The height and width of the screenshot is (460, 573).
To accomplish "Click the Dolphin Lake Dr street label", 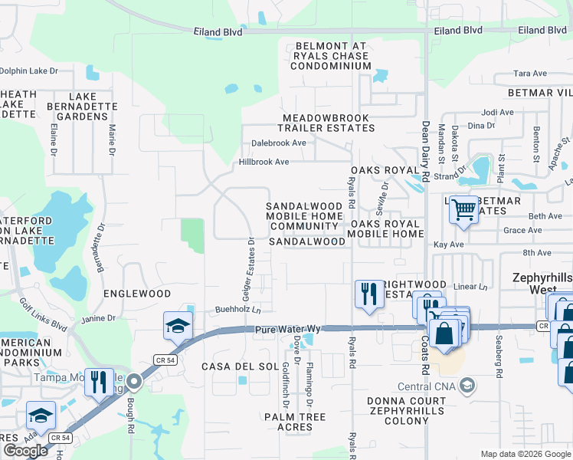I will (29, 71).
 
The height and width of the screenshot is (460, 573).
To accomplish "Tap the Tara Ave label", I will (530, 74).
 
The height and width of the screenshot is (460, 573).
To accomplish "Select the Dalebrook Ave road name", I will (279, 143).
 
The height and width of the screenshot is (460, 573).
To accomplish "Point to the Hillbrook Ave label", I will (264, 162).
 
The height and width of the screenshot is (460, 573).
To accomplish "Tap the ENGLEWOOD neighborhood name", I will (137, 294).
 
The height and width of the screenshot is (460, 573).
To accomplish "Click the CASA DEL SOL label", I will (240, 366).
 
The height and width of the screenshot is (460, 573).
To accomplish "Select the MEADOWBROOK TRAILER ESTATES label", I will (326, 123).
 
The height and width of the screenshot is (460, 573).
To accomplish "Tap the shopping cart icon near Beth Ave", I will (463, 209).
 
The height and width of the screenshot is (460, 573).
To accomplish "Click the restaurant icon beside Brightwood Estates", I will (368, 293).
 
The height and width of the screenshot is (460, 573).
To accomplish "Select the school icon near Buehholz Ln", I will (178, 325).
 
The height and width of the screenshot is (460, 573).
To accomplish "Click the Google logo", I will (25, 451).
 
